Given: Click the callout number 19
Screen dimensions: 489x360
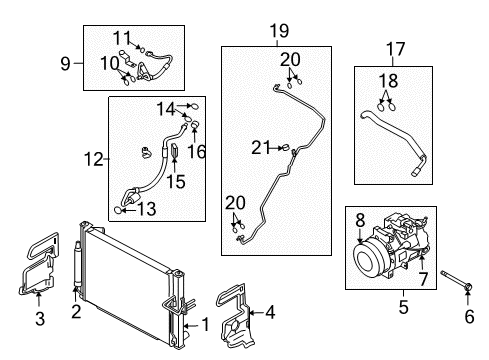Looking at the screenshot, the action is [279, 31].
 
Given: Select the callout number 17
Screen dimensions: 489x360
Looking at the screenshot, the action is [395, 49].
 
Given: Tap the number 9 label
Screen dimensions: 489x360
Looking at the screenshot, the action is [66, 63].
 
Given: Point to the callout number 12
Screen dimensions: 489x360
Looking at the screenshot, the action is [94, 159].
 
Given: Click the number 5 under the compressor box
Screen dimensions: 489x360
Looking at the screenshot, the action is [403, 307].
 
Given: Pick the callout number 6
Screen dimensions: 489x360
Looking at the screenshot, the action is [469, 316].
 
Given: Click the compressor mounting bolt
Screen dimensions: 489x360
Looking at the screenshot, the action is [456, 280].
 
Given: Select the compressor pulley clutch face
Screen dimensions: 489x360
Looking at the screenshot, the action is [367, 261].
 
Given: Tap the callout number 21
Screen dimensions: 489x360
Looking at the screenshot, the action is [261, 147].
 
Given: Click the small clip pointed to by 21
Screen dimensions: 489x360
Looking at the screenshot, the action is [285, 148].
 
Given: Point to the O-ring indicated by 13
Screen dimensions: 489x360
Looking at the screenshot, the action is [118, 210].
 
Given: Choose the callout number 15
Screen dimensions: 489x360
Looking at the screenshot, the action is [176, 182].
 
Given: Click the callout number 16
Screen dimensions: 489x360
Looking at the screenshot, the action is [196, 152].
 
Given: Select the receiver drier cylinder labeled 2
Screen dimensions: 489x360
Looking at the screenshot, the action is [77, 264].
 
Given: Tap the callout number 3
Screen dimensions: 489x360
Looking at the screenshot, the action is [40, 319].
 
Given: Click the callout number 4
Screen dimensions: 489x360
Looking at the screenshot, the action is [271, 312].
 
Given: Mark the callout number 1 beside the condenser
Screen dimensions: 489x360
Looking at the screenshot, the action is [206, 324].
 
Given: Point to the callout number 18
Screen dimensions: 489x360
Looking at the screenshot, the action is [388, 81].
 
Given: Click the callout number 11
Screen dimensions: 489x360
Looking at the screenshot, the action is [122, 38].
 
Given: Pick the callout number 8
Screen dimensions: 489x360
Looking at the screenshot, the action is [360, 220].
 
